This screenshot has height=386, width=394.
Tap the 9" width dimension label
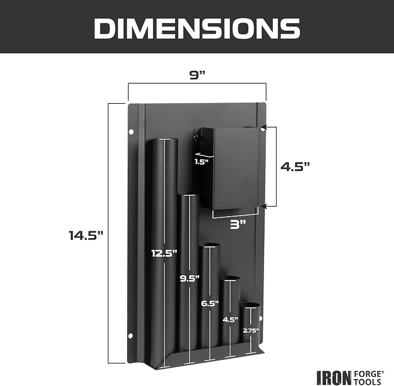tap(197, 75)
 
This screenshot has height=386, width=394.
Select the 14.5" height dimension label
tap(86, 235)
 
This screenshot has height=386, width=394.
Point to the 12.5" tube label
tap(164, 253)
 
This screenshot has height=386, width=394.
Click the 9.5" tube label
tap(190, 278)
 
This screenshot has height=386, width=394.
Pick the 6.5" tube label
tap(210, 304)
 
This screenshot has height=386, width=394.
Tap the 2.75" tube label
tap(251, 330)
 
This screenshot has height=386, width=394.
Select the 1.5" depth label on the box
tap(201, 162)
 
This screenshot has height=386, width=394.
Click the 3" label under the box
tap(238, 224)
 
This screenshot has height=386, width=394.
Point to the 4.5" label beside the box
tap(295, 166)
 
